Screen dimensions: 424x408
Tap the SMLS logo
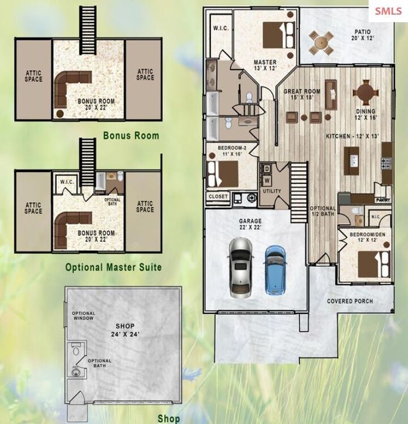tap(388, 11)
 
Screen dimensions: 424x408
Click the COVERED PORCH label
tap(350, 301)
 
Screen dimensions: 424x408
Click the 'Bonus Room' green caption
tap(131, 136)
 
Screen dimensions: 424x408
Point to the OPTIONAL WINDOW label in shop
tap(83, 316)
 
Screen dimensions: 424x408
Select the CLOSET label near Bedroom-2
tap(219, 196)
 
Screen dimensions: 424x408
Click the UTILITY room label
tap(271, 191)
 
